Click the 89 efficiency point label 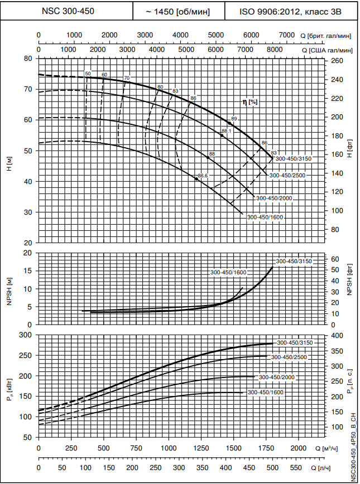(x=234, y=119)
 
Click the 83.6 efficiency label (x=203, y=176)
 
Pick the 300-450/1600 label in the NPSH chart (x=228, y=272)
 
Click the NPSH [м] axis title (x=9, y=288)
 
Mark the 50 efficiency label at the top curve (x=88, y=74)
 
